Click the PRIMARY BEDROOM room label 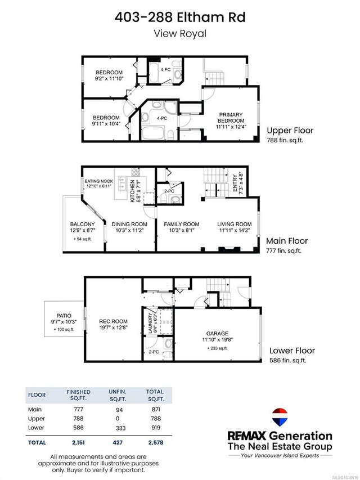click(231, 118)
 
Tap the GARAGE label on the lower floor click(217, 333)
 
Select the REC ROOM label click(113, 321)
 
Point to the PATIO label click(64, 316)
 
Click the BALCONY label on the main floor click(82, 225)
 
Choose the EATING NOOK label click(99, 181)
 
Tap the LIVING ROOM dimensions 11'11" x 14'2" click(235, 231)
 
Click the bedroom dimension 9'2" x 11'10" click(109, 79)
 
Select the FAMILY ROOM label click(182, 225)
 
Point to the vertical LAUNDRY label click(150, 323)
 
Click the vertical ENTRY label click(235, 183)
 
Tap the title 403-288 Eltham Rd click(180, 17)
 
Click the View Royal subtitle click(180, 33)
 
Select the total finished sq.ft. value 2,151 click(78, 442)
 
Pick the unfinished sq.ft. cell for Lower click(120, 428)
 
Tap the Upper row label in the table click(37, 419)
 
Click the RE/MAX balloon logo click(280, 417)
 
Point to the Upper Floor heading click(290, 131)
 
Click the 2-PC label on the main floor click(169, 191)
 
